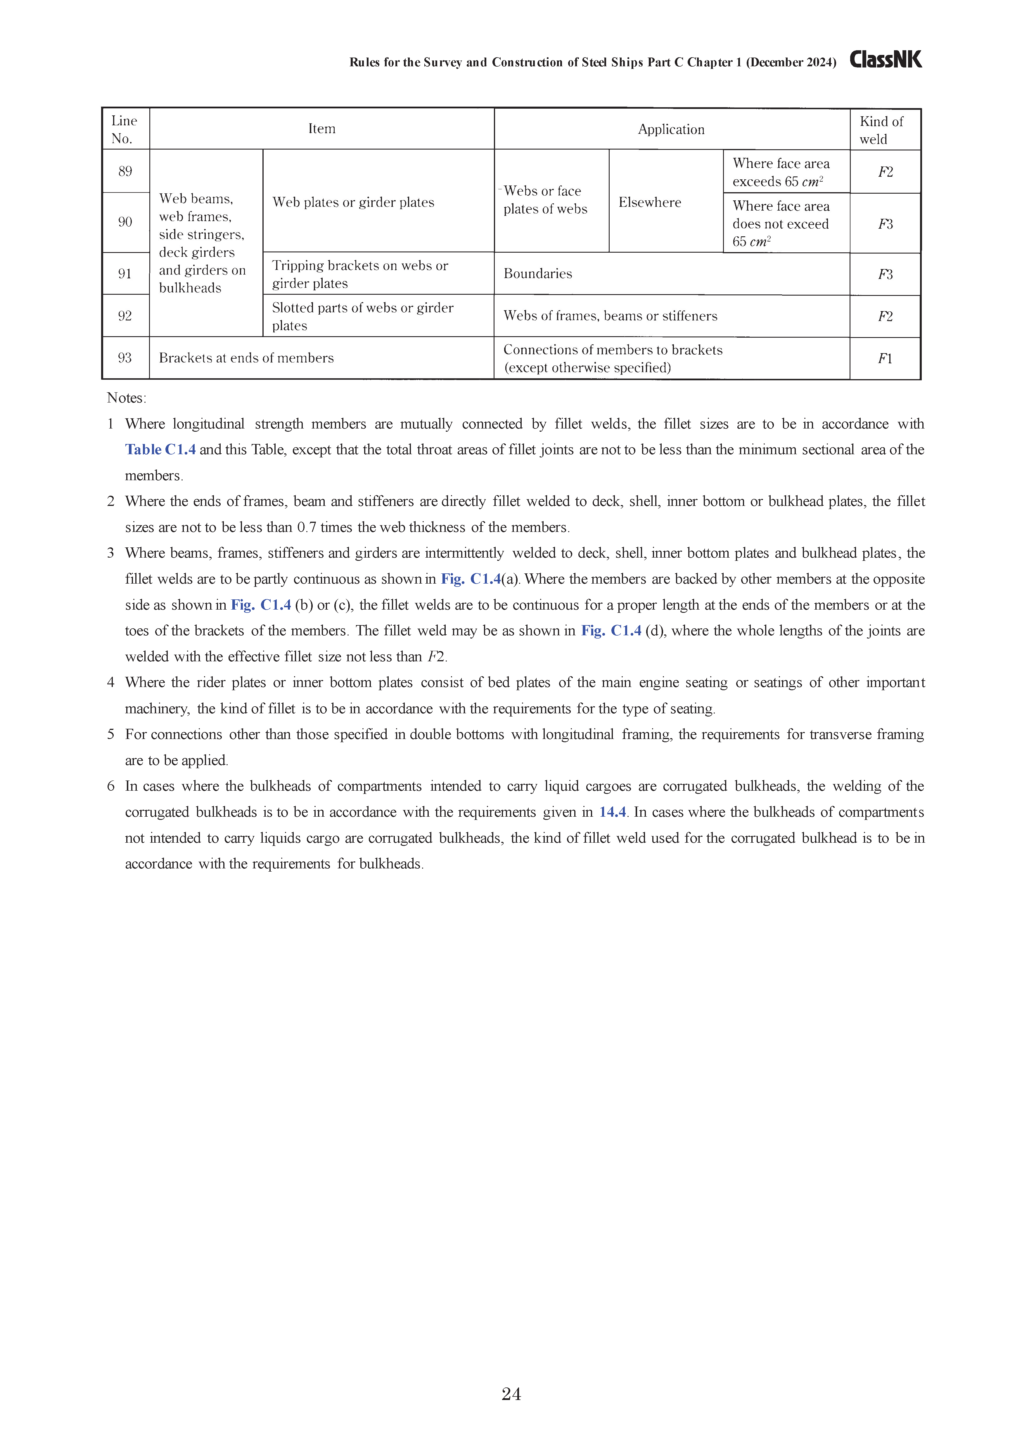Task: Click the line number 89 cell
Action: [x=125, y=171]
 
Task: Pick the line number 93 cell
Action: [x=125, y=358]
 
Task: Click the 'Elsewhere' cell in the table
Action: [x=650, y=202]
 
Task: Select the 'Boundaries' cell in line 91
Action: [x=538, y=274]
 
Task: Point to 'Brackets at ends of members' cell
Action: [x=246, y=358]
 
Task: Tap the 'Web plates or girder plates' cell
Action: [x=353, y=202]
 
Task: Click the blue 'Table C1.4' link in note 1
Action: [x=160, y=450]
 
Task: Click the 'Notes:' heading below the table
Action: [x=127, y=398]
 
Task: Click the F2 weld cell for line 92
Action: [x=885, y=316]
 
